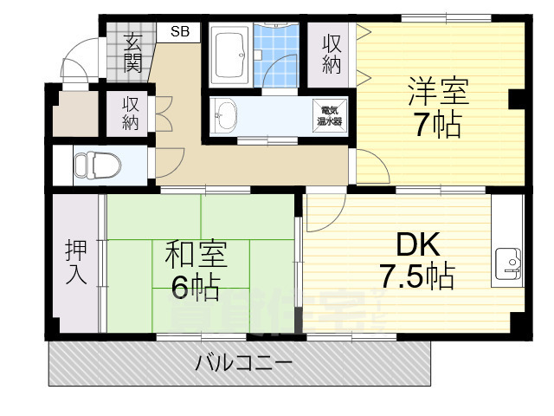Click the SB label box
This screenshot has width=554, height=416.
(180, 32)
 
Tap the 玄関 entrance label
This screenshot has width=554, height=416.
(132, 51)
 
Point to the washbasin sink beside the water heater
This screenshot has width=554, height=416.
(227, 114)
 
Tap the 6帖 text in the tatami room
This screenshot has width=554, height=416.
(196, 285)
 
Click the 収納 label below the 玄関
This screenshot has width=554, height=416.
(131, 113)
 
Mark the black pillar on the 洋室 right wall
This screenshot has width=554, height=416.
(517, 99)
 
